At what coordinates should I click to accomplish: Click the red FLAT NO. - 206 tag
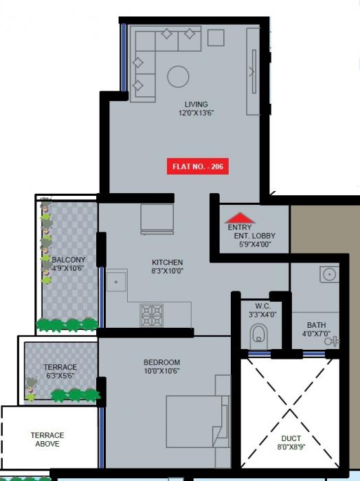coord(198,166)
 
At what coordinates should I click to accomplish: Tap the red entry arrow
coord(240,218)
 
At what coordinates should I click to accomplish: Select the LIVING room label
coord(196,104)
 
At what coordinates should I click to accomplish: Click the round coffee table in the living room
coord(179,76)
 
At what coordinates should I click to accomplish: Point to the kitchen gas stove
coord(152,315)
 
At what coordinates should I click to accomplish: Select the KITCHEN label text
coord(167,262)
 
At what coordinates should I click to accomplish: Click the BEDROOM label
coord(161,362)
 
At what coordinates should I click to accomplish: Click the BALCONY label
coord(69,259)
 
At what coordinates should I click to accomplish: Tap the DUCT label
coord(291,438)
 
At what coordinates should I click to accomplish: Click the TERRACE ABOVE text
coord(47,439)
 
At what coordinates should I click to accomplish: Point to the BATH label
coord(317,325)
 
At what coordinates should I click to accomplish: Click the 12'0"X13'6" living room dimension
coord(196,113)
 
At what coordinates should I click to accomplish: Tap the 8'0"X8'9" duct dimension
coord(291,447)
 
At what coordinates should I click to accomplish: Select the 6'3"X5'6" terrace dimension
coord(60,376)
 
